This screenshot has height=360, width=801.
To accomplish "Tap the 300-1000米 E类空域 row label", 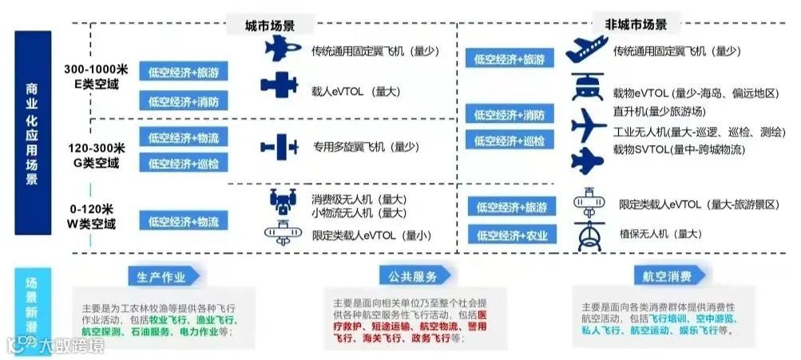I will (x=94, y=76).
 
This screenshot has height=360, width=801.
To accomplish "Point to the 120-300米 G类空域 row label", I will (x=94, y=155).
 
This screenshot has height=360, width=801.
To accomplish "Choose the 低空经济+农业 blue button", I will (x=511, y=236).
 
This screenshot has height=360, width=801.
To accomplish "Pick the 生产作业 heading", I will (x=161, y=277).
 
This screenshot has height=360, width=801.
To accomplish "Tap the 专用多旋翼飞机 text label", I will (x=366, y=147).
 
